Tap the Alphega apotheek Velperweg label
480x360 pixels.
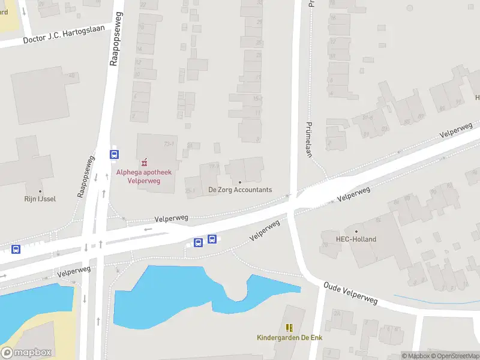click(144, 176)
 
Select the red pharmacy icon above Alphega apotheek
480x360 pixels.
click(144, 163)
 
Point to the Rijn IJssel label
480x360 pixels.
click(40, 199)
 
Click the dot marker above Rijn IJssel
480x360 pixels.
click(40, 191)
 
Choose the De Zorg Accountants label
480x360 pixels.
click(240, 190)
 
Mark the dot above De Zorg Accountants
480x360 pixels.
click(240, 182)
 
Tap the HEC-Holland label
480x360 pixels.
click(356, 239)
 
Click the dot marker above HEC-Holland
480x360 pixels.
click(356, 231)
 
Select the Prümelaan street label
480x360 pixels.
click(309, 139)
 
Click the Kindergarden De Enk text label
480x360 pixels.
click(289, 338)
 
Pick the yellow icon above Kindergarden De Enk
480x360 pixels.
click(289, 328)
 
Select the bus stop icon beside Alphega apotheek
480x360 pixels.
click(114, 154)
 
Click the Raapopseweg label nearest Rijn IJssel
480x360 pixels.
click(86, 177)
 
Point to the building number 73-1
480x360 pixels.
click(169, 144)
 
